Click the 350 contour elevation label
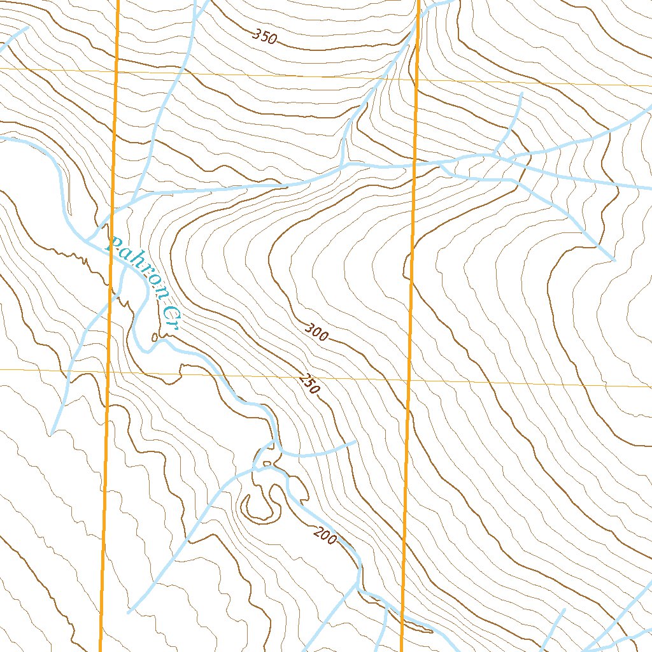tap(264, 37)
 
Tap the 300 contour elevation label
tap(316, 332)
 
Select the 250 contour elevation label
tap(308, 385)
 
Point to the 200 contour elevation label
tap(325, 536)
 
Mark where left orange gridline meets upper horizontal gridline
tap(117, 71)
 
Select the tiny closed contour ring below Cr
tap(155, 337)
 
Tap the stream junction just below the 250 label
tap(275, 441)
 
